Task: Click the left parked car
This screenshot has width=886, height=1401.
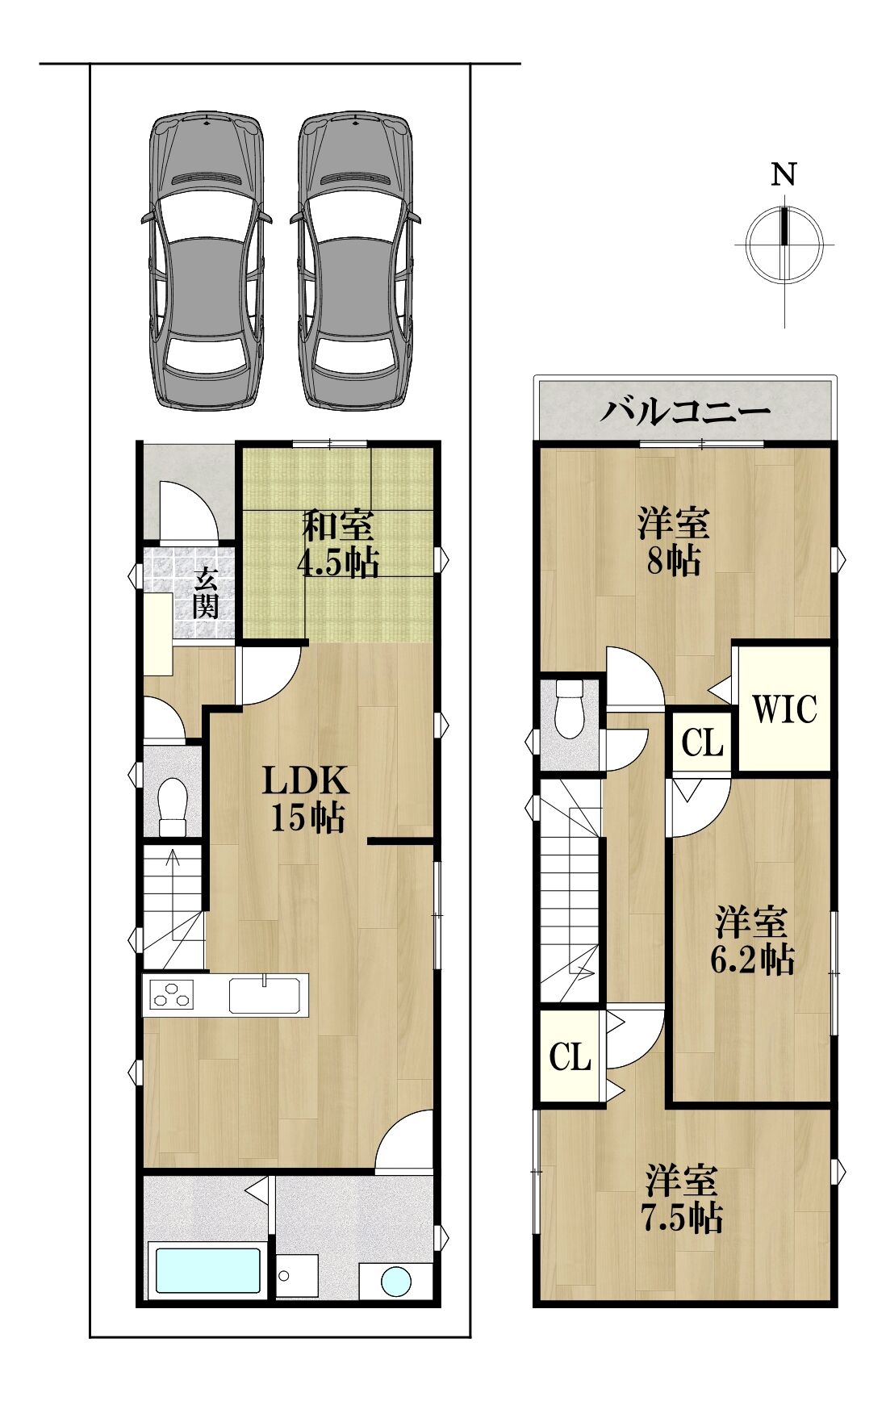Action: click(x=206, y=261)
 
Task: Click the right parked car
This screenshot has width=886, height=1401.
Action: click(x=356, y=261)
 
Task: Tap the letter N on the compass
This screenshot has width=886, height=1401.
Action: click(x=784, y=175)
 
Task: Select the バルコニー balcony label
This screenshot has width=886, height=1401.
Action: click(x=685, y=412)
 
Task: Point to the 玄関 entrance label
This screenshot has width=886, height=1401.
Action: click(x=205, y=593)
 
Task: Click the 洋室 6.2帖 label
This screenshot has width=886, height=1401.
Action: click(x=751, y=940)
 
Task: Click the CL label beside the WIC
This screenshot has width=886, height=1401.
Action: click(x=702, y=742)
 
